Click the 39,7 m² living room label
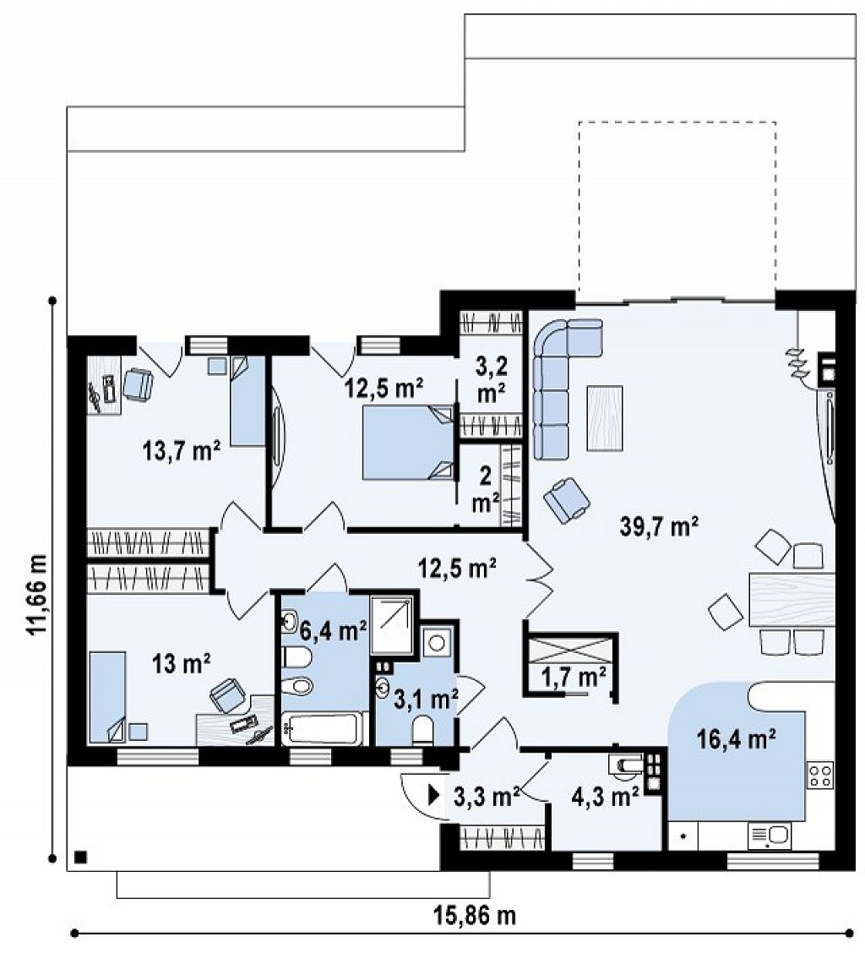[x=658, y=527]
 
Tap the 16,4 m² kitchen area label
[x=736, y=738]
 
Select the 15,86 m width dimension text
[x=476, y=916]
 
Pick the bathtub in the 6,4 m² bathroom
[x=322, y=728]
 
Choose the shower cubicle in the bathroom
[x=392, y=625]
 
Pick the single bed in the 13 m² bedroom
[x=108, y=697]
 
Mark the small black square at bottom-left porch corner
[x=79, y=857]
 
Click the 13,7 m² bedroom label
[x=182, y=452]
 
